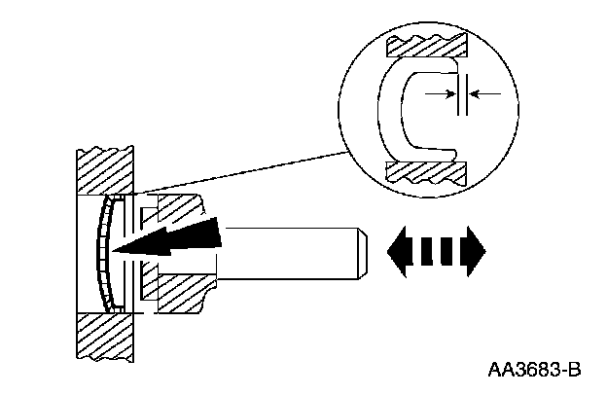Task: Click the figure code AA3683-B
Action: pos(534,370)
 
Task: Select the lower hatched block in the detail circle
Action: pos(428,172)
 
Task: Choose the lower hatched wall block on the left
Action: pos(104,337)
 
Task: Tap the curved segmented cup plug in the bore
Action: pos(102,251)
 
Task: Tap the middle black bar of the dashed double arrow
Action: pos(436,249)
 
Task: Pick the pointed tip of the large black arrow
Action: pos(115,252)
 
